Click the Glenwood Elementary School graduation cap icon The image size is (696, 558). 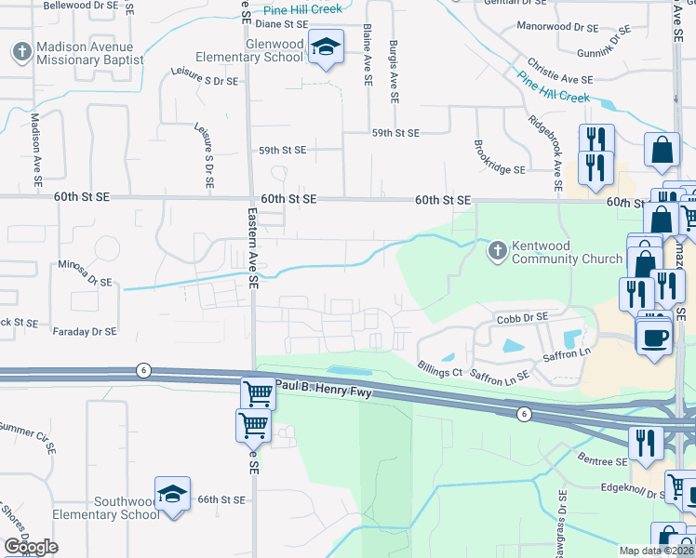(x=327, y=46)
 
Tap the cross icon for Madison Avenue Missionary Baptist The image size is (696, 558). (x=21, y=52)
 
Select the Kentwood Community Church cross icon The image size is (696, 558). (x=498, y=251)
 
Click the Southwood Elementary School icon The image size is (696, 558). (x=172, y=495)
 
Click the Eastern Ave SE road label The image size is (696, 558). (x=252, y=249)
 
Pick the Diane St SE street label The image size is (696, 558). (x=282, y=24)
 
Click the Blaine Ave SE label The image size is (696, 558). (x=368, y=56)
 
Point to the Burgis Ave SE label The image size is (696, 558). (x=395, y=71)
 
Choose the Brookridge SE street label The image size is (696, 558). (x=500, y=159)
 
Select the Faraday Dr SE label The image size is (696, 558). (x=86, y=331)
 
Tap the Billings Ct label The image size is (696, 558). (x=439, y=368)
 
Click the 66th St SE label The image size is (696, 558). (x=222, y=499)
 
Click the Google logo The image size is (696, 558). (x=31, y=547)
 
